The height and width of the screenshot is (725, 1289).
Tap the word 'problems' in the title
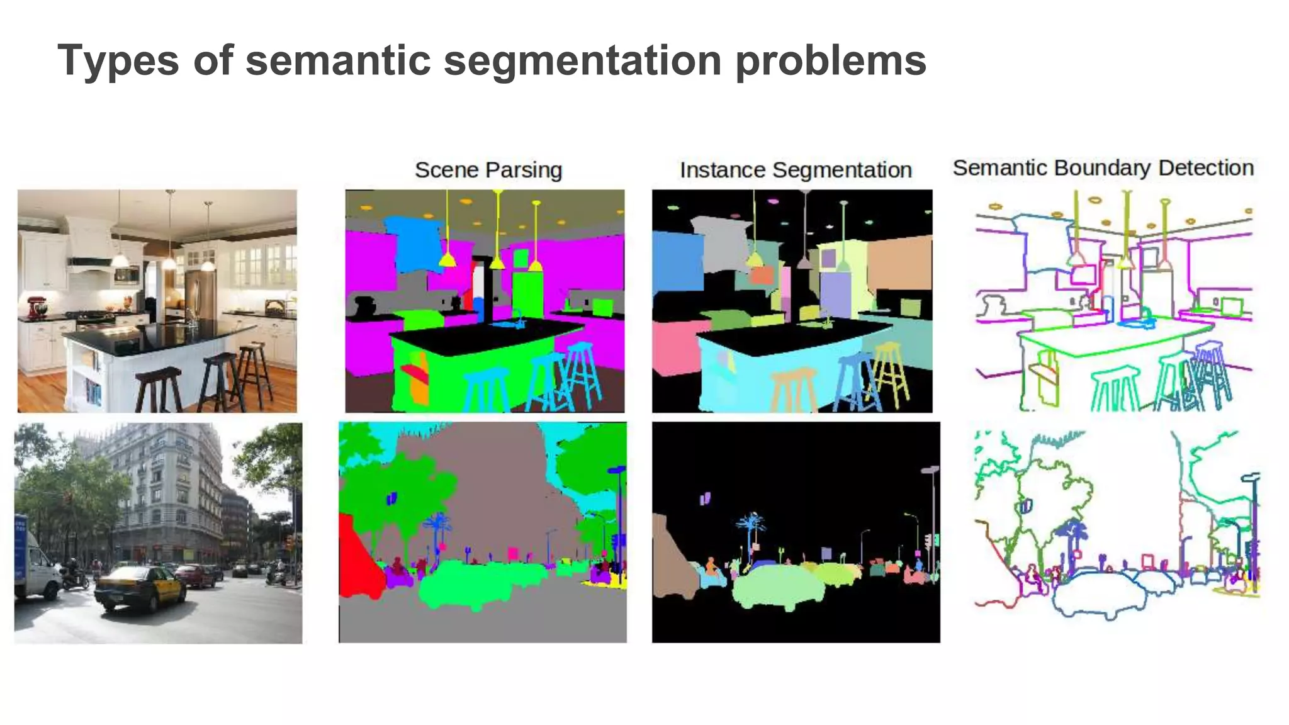(831, 60)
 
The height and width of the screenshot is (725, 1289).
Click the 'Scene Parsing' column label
(488, 170)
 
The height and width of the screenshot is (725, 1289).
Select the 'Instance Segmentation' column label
(796, 170)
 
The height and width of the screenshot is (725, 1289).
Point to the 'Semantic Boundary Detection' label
(1103, 168)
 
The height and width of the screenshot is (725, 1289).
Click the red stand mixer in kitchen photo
(38, 307)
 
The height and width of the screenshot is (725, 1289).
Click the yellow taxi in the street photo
(139, 587)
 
